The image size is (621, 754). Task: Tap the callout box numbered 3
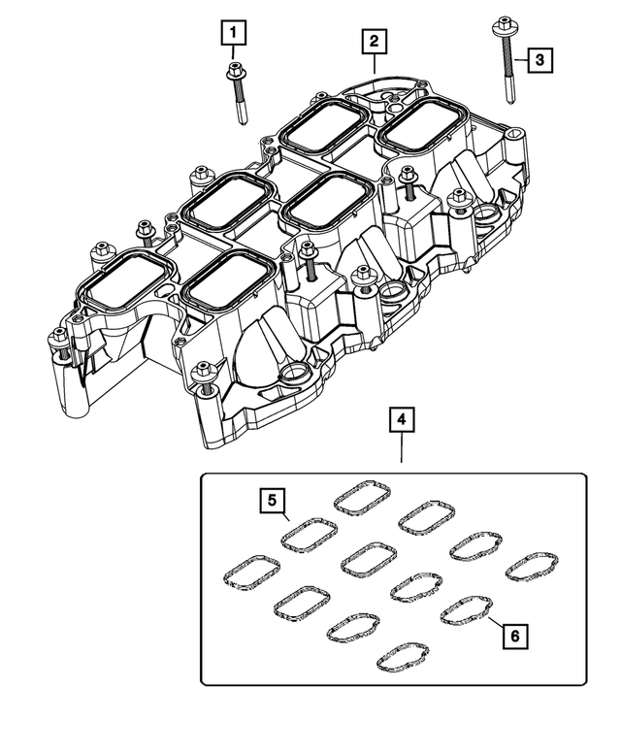(x=540, y=60)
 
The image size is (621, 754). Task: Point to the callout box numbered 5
(x=274, y=501)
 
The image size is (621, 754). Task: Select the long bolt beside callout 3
(x=507, y=68)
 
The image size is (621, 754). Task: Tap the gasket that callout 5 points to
(x=309, y=535)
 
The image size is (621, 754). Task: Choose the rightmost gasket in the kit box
(x=532, y=570)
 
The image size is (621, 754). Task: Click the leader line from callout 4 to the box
(x=401, y=452)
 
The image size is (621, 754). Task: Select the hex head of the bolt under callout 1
(x=234, y=71)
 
